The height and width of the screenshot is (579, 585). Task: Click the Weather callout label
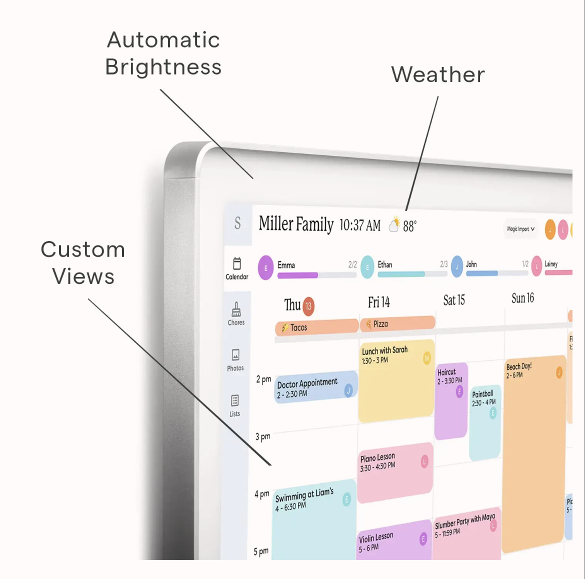click(x=438, y=74)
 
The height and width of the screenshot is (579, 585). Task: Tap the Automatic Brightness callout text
click(x=163, y=53)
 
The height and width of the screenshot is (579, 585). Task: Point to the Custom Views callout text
click(x=83, y=263)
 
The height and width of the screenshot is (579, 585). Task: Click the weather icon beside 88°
click(x=395, y=225)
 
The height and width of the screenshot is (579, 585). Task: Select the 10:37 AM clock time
click(x=360, y=225)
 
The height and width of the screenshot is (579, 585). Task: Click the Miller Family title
click(x=296, y=224)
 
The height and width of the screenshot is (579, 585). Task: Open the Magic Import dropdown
click(x=520, y=229)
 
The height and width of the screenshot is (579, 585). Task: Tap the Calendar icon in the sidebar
click(x=237, y=263)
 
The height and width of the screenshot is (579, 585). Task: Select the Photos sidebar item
click(x=235, y=359)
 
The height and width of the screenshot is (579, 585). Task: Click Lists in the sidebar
click(x=235, y=405)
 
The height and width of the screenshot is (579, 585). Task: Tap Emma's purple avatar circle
click(x=265, y=267)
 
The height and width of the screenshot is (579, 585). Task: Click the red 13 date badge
click(x=308, y=306)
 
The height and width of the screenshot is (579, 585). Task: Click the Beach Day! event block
click(x=534, y=450)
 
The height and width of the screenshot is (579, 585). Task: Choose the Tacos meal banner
click(x=316, y=327)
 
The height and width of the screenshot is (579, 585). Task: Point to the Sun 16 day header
click(x=522, y=298)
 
